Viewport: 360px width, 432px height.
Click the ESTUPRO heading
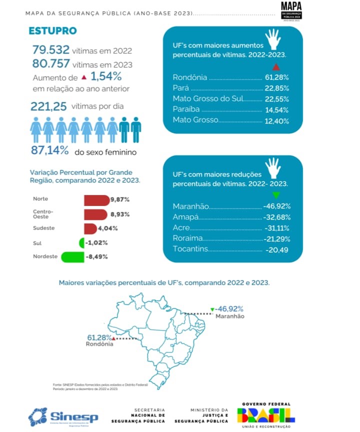(52, 31)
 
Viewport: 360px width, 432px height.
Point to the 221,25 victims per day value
(48, 106)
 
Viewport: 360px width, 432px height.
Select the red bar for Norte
(96, 200)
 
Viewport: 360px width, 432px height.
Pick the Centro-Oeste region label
(43, 214)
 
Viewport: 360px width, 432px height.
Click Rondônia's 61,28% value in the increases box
(276, 78)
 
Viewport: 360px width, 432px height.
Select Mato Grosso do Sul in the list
(207, 98)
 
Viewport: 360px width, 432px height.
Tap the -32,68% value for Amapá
(276, 217)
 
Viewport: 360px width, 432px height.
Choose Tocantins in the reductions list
(190, 249)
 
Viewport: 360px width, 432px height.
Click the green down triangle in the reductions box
(276, 195)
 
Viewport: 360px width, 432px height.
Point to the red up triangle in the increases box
(276, 67)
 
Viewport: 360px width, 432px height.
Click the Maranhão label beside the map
(229, 316)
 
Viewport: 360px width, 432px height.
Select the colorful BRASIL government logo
(266, 415)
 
